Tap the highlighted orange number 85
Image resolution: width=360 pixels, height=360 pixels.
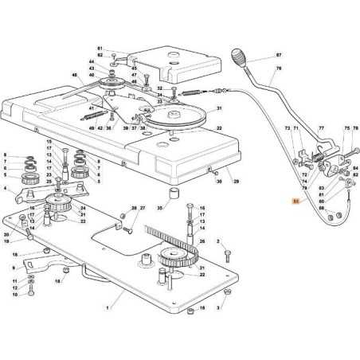[x=296, y=202]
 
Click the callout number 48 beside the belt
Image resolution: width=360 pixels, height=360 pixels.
[x=75, y=75]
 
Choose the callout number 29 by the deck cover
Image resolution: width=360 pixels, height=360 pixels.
[x=235, y=182]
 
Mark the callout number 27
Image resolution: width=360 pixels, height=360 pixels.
[x=143, y=208]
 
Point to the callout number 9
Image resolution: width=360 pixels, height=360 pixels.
[x=13, y=268]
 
